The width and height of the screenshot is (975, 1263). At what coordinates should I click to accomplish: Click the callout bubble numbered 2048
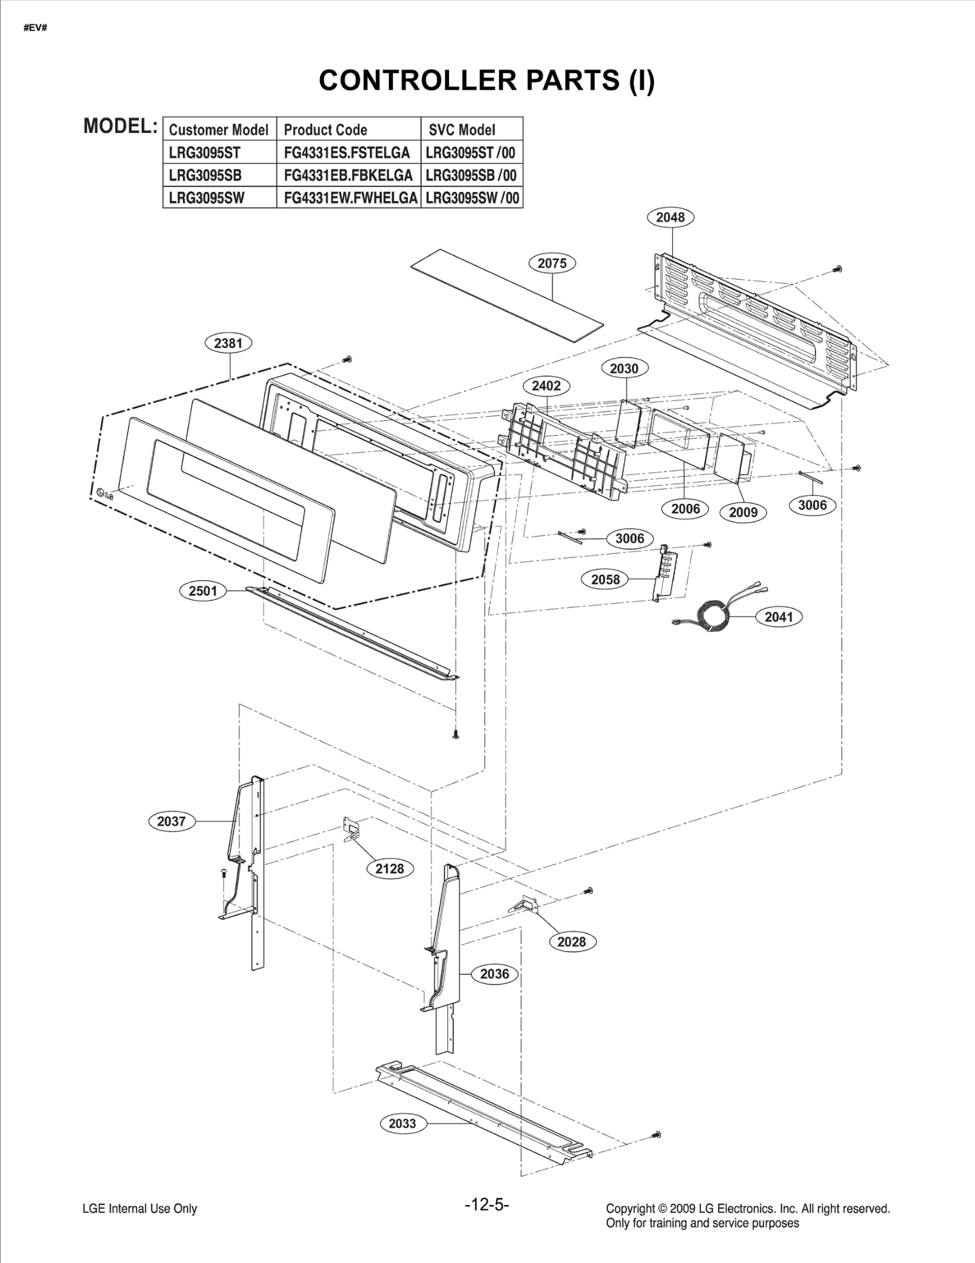point(670,217)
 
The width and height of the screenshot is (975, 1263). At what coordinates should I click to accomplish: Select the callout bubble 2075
point(552,263)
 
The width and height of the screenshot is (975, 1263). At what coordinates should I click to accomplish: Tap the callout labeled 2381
point(228,343)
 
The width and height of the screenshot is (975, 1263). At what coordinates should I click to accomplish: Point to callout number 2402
point(546,386)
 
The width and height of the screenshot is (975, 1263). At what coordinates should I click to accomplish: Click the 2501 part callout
point(203,590)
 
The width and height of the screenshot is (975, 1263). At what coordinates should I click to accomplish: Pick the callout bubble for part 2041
point(779,617)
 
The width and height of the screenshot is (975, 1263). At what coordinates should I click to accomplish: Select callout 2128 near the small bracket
point(389,869)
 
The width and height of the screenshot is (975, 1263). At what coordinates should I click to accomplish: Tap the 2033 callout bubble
point(402,1123)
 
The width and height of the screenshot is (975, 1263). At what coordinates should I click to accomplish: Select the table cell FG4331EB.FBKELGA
point(348,175)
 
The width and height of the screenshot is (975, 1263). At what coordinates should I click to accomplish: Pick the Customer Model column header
point(219,130)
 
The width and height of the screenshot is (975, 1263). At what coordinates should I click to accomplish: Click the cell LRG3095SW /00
point(472,197)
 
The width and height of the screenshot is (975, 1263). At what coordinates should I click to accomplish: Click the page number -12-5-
point(486,1205)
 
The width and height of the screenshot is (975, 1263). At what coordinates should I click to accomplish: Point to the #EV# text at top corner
point(35,29)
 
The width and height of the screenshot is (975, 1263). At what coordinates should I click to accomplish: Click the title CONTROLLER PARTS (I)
point(486,80)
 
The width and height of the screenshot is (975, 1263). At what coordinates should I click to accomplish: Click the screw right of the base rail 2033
point(656,1135)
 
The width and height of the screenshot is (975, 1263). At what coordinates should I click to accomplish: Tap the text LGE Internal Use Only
point(140,1209)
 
